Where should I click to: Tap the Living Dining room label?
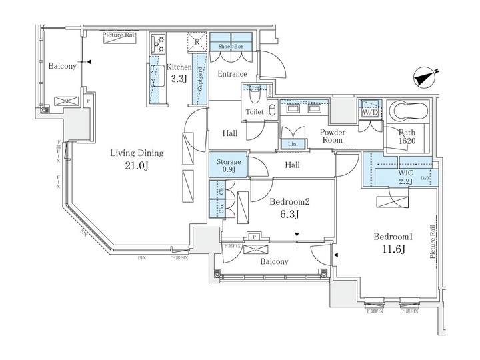(137, 153)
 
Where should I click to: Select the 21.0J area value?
(137, 167)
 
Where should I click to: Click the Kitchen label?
(179, 67)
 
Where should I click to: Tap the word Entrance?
(232, 74)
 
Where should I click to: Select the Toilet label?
(254, 111)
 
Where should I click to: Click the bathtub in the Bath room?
(409, 111)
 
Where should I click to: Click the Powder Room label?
(331, 136)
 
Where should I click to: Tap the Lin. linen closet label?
(292, 143)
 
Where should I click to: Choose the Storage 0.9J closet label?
(227, 165)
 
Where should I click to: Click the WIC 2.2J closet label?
(406, 175)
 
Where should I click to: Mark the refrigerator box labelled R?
(198, 42)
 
